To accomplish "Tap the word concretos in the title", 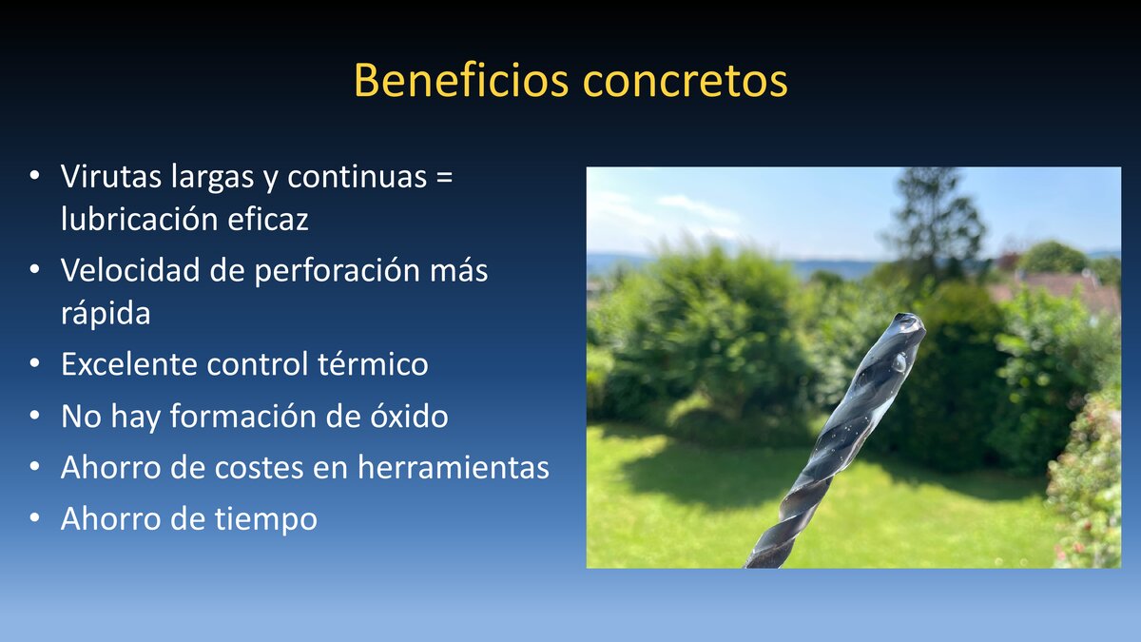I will click(685, 81).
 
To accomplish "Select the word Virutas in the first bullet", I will click(111, 177).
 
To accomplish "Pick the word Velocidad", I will click(129, 270).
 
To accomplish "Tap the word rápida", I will click(106, 313).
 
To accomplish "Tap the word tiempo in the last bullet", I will click(267, 519).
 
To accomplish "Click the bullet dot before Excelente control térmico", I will click(35, 364).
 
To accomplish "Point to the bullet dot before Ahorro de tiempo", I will click(35, 519).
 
